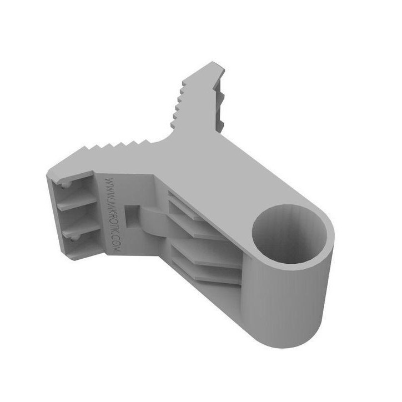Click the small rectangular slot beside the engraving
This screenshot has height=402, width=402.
(x=132, y=213)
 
